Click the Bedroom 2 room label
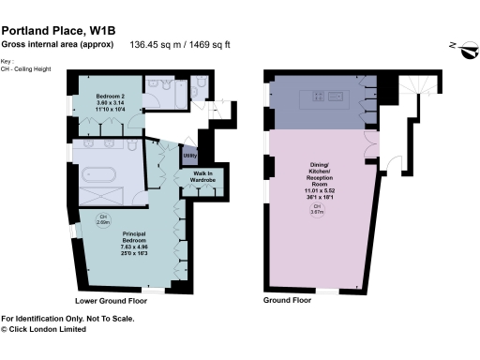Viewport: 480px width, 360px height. pos(110,97)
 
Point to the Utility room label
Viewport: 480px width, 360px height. pos(189,155)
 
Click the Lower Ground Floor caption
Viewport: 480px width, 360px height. pos(111,301)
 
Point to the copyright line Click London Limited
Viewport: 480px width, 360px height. pos(50,329)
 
